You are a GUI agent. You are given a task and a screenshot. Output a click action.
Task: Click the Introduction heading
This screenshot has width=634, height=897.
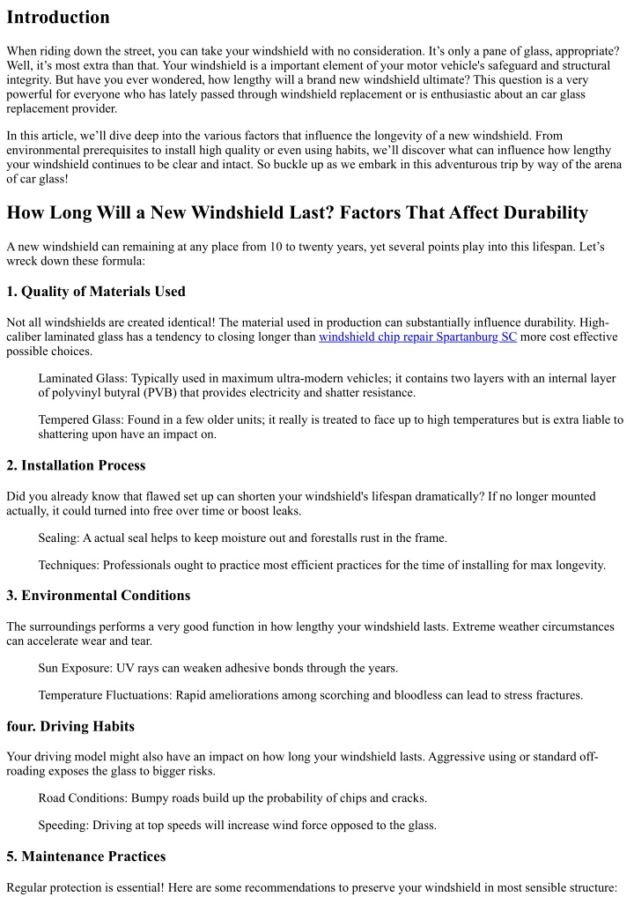tap(58, 18)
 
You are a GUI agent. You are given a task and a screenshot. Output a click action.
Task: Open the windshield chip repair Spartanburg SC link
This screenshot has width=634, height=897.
tap(417, 337)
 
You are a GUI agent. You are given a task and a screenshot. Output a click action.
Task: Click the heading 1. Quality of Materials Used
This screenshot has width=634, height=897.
tap(95, 292)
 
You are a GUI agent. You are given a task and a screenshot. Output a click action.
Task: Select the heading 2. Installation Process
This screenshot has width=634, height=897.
tap(76, 465)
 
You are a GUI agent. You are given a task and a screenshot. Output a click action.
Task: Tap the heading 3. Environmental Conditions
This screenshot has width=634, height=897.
tap(98, 596)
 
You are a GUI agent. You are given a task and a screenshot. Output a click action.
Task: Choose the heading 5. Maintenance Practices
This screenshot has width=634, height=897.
tap(85, 856)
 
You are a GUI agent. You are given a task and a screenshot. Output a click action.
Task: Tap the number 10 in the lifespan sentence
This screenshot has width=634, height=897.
tap(273, 247)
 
